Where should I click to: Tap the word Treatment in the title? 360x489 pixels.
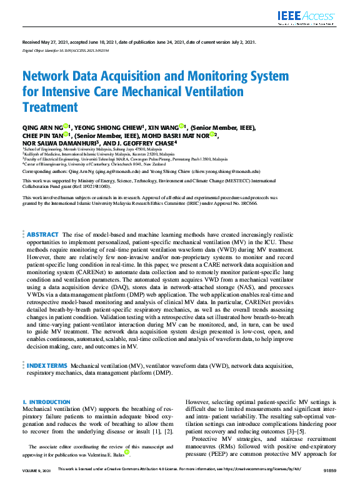pos(49,107)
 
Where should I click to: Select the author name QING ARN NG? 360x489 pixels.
pos(42,127)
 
